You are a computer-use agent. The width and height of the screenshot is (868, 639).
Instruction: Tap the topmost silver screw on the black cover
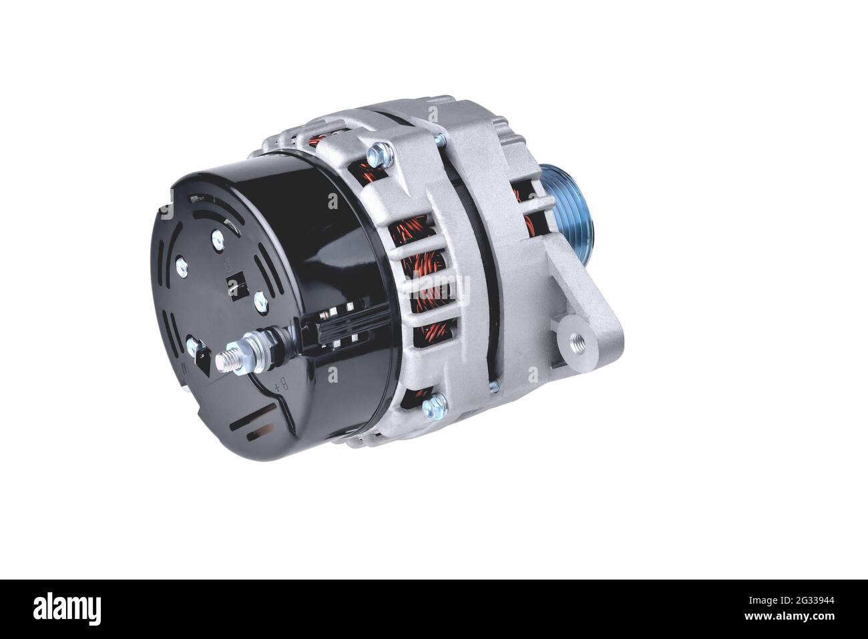click(218, 238)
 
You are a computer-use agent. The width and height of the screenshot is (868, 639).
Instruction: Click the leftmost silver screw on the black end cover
click(182, 267)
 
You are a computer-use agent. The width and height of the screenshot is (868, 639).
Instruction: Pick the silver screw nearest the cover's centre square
click(260, 301)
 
